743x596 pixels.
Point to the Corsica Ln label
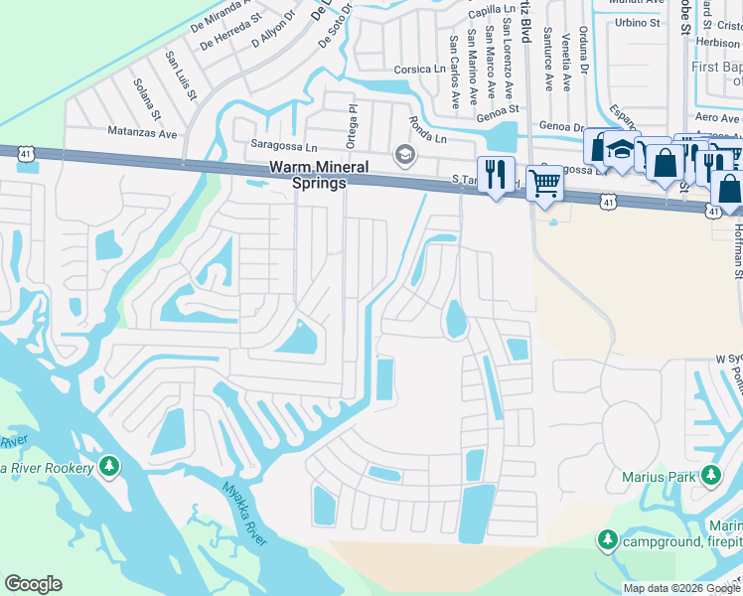(x=419, y=70)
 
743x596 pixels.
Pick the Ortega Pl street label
(x=350, y=121)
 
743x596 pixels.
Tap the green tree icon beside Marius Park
(x=710, y=476)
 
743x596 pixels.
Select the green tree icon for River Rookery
(x=109, y=465)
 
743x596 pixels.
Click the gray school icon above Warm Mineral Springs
(x=403, y=154)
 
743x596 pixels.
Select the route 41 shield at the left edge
(x=27, y=153)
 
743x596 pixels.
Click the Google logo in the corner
(x=33, y=584)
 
